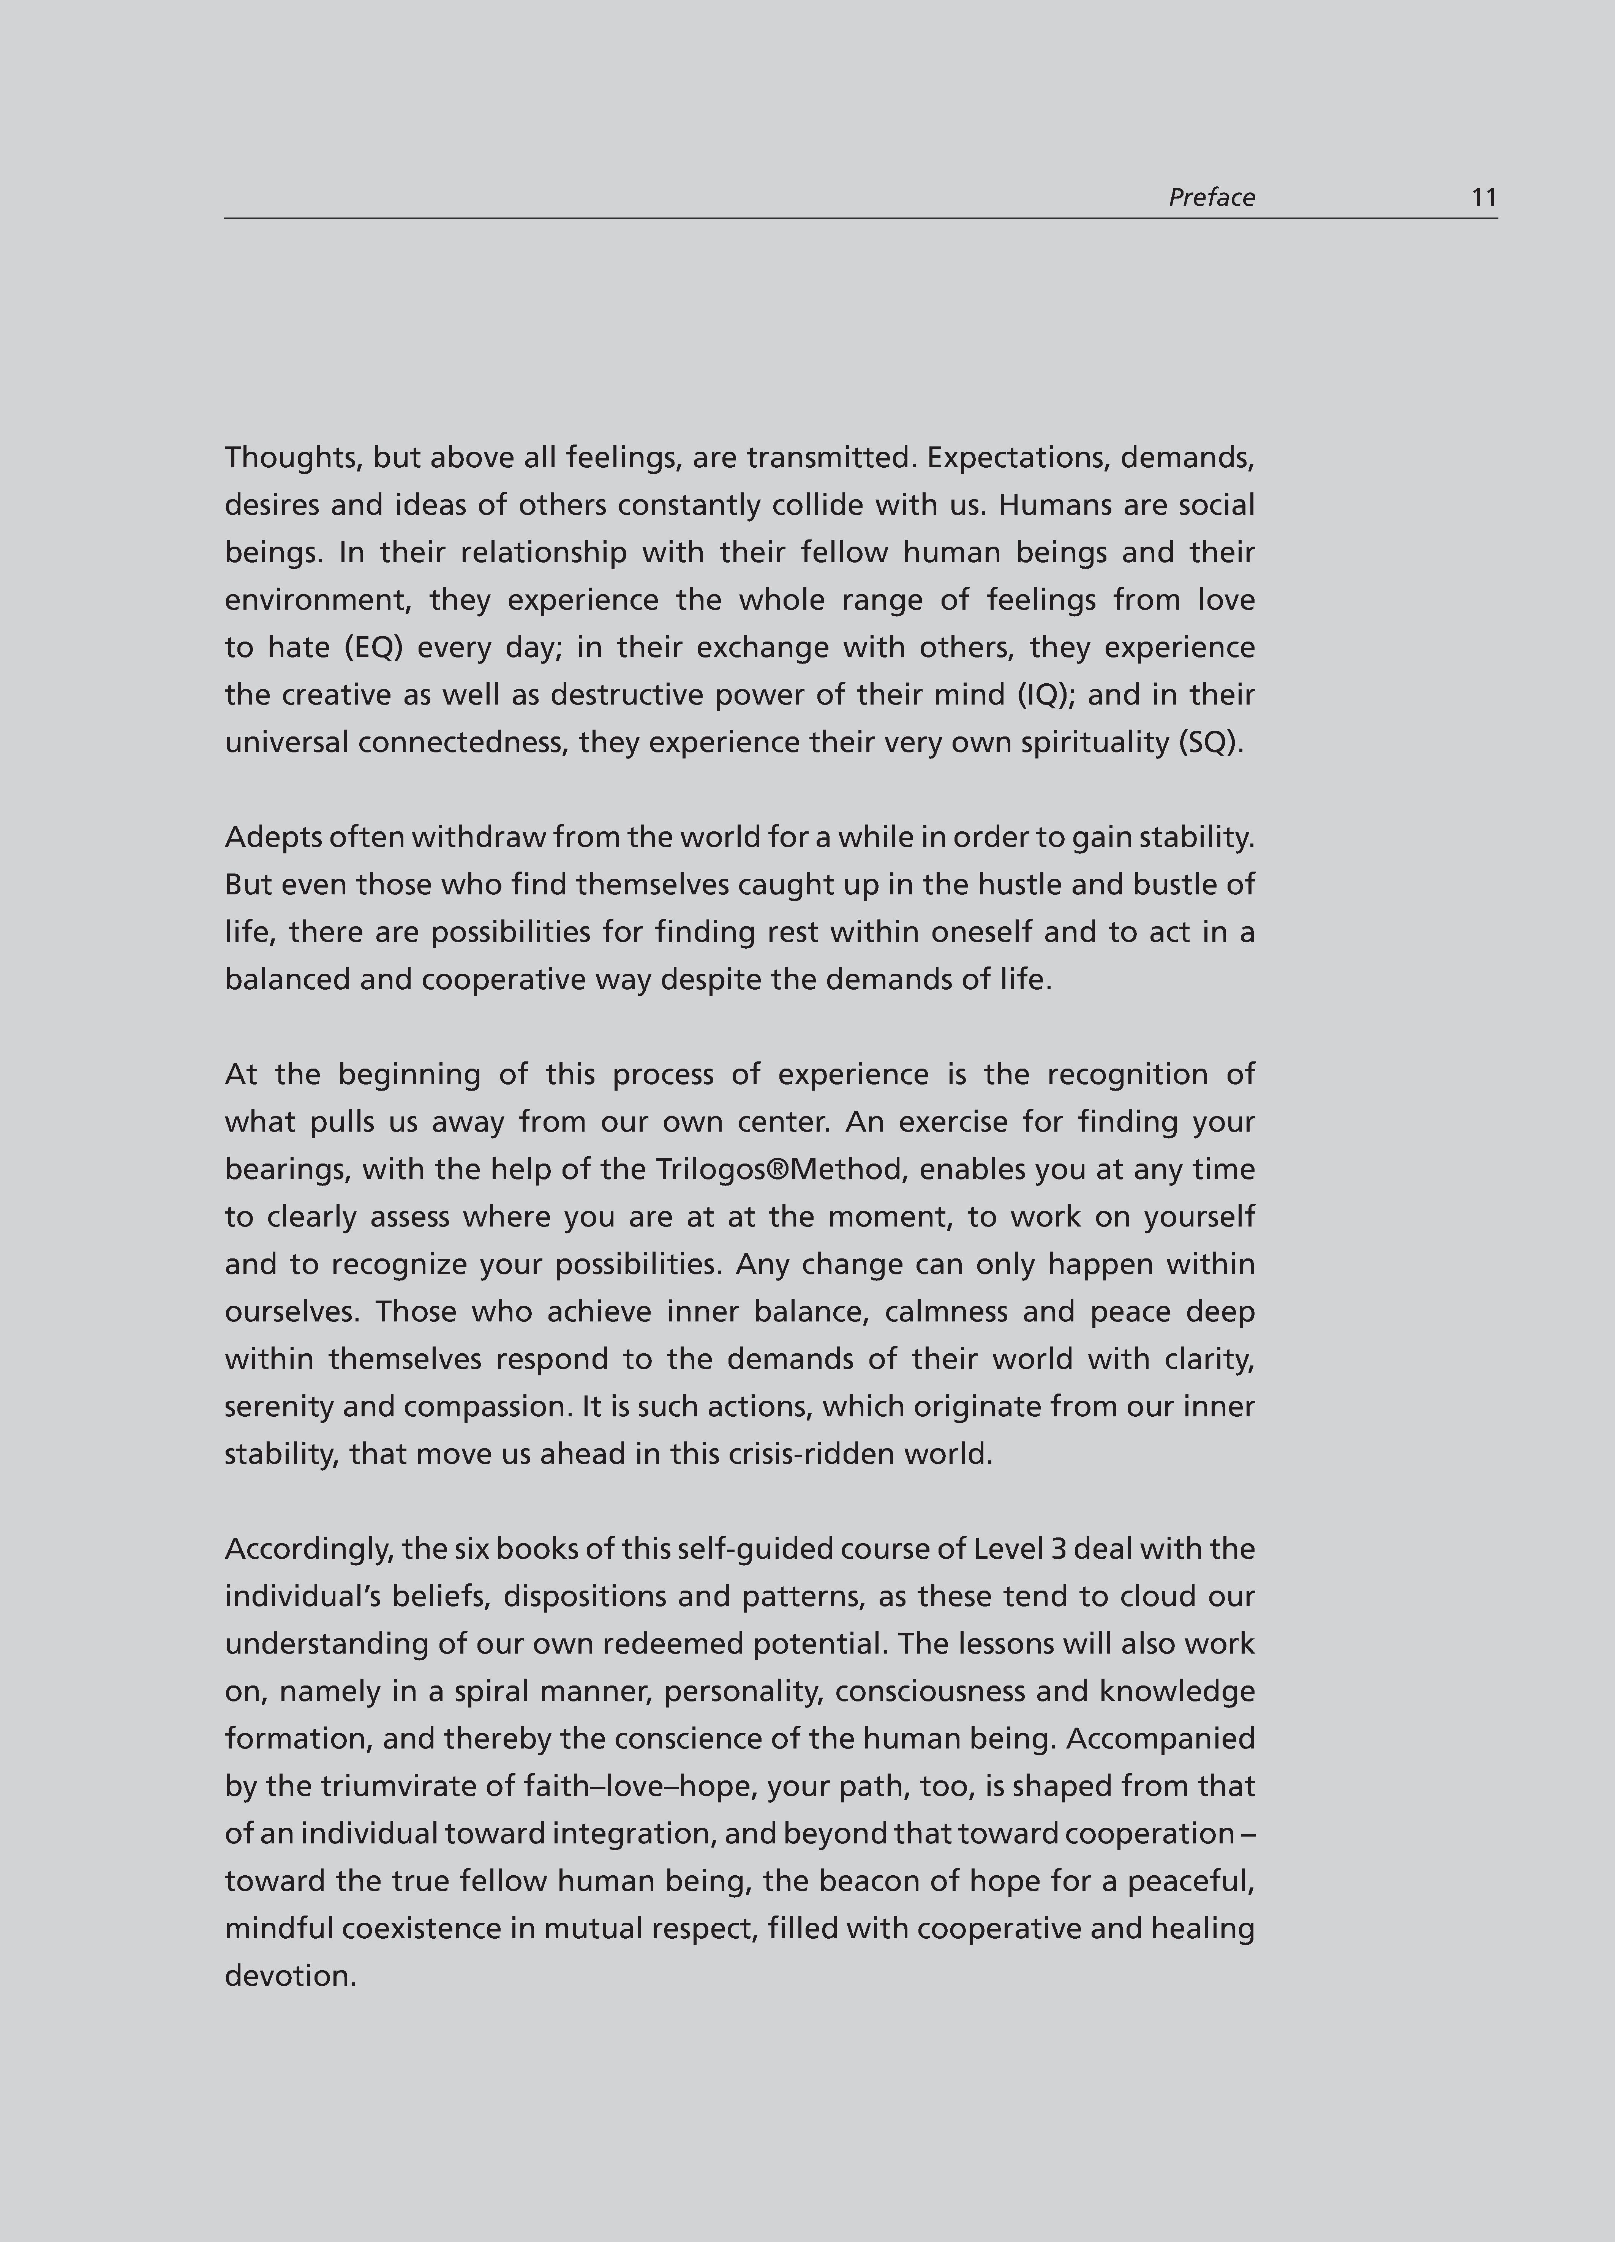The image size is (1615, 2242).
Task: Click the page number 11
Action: [x=1484, y=198]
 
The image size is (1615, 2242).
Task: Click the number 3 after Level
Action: [x=1058, y=1549]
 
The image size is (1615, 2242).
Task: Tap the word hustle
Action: [x=1019, y=885]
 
